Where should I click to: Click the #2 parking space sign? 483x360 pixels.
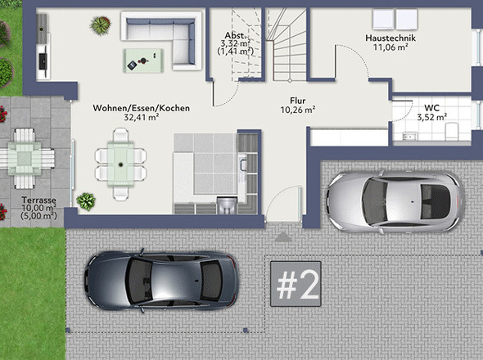click(297, 285)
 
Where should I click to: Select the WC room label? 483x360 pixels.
click(431, 108)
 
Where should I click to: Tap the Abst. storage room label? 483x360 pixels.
click(235, 36)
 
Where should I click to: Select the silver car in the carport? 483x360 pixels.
click(388, 197)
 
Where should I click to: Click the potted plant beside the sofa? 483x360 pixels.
click(101, 26)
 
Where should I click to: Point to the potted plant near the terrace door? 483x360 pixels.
click(85, 200)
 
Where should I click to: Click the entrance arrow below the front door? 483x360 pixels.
click(283, 236)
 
